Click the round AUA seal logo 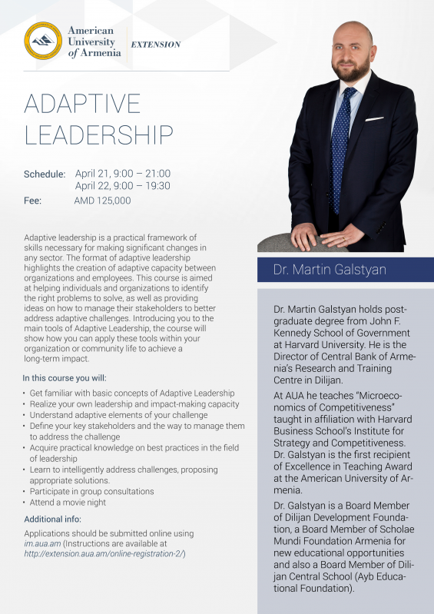(x=43, y=42)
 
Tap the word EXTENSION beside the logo (x=156, y=45)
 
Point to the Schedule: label (x=45, y=174)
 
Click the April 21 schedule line (x=122, y=174)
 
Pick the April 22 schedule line (x=122, y=186)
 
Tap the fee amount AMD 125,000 (x=102, y=201)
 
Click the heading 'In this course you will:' (x=65, y=378)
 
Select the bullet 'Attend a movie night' (x=68, y=503)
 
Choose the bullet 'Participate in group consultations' (x=91, y=491)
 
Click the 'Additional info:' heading (x=52, y=519)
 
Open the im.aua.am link (x=43, y=543)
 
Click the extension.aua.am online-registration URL (x=104, y=553)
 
